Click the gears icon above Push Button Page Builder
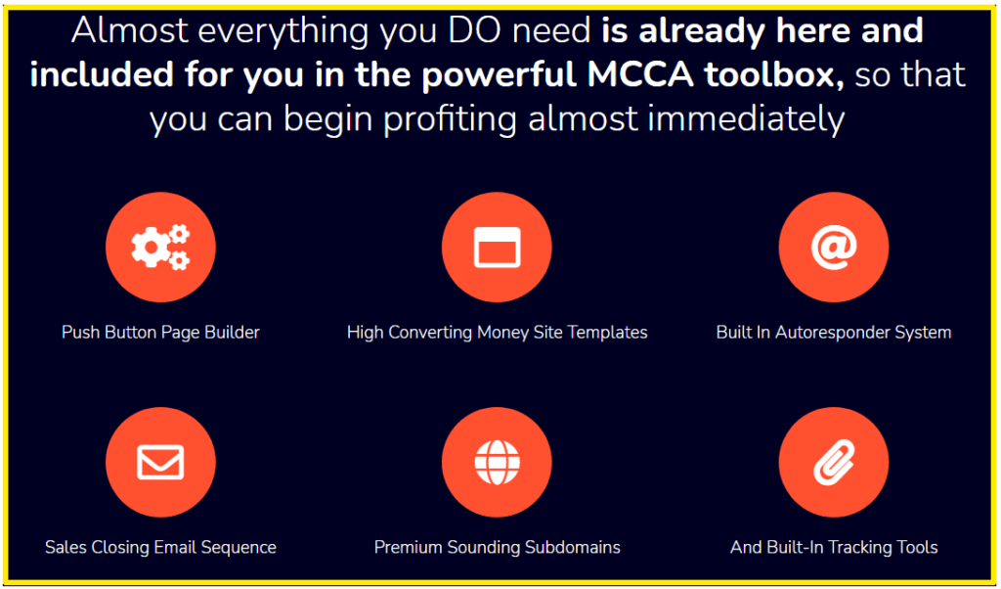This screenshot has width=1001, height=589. click(160, 247)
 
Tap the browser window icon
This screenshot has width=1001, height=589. click(497, 247)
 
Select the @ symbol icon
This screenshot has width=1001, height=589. click(834, 247)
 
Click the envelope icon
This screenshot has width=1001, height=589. click(160, 462)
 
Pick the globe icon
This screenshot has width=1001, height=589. click(497, 462)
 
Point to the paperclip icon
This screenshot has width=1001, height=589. click(834, 462)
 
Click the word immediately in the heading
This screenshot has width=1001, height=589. click(746, 119)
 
